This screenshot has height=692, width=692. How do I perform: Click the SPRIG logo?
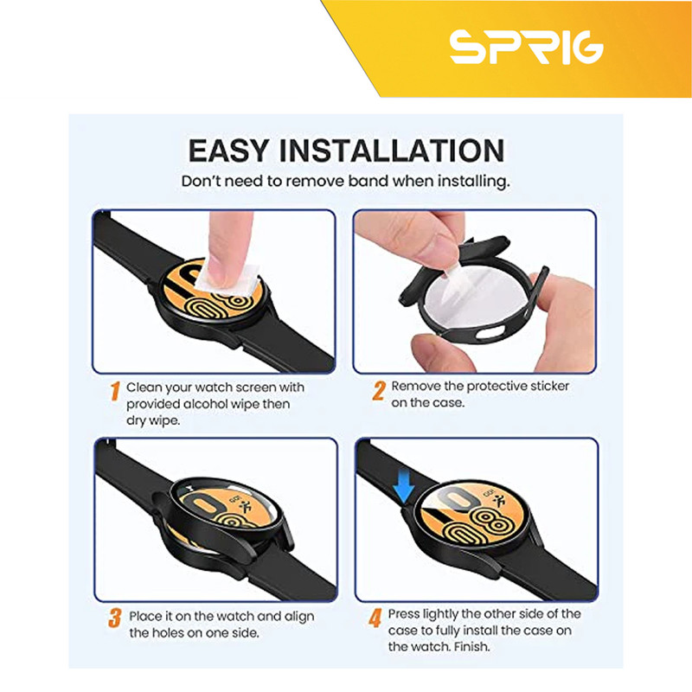click(x=526, y=48)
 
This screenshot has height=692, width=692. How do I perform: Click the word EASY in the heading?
click(x=228, y=151)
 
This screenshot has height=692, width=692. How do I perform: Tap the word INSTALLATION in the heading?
click(x=392, y=151)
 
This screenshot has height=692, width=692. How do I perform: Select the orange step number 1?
click(x=115, y=391)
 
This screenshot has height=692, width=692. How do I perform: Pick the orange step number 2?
click(x=379, y=391)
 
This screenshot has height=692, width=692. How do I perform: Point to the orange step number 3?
click(x=115, y=618)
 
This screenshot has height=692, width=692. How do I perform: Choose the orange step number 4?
click(x=375, y=618)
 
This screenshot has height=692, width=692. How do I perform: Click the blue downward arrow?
click(x=403, y=487)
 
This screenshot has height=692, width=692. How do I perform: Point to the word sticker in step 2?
click(x=549, y=386)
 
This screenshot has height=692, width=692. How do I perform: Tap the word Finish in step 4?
click(x=471, y=647)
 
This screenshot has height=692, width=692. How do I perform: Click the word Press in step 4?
click(x=404, y=614)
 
